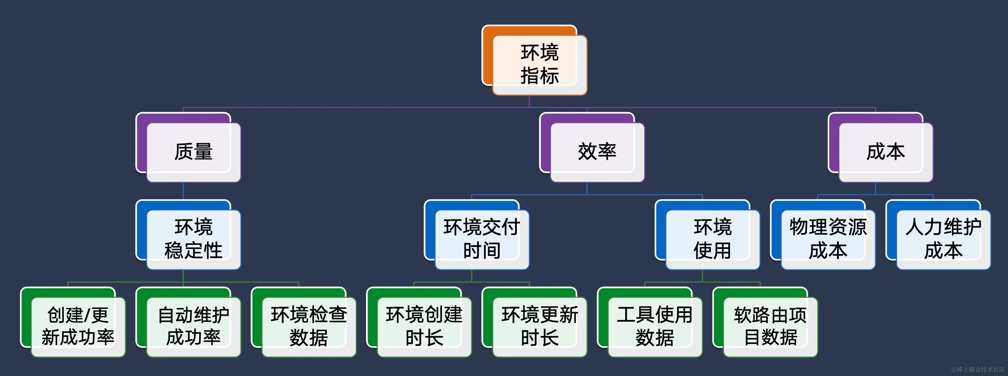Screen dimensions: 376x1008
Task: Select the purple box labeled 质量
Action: tap(193, 152)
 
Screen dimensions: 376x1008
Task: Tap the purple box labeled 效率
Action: tap(597, 152)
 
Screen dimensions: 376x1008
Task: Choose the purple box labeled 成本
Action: tap(886, 152)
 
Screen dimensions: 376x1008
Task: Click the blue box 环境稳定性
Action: tap(193, 239)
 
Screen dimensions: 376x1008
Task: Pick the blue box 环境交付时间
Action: tap(482, 239)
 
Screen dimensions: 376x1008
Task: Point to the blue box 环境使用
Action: tap(712, 239)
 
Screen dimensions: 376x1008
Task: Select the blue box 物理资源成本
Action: tap(828, 239)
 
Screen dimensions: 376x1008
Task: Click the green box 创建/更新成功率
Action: tap(78, 326)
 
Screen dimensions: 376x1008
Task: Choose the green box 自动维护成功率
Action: tap(193, 326)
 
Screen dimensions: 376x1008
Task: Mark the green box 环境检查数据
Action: tap(309, 326)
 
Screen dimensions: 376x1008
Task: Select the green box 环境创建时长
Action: tap(424, 326)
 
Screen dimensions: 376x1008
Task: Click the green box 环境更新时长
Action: tap(540, 326)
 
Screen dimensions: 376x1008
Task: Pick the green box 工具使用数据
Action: tap(655, 326)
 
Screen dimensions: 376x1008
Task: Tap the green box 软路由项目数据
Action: tap(770, 326)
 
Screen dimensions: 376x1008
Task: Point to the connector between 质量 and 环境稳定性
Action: tap(183, 191)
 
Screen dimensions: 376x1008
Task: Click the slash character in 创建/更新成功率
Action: tap(88, 315)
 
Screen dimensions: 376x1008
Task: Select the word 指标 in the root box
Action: tap(540, 76)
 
